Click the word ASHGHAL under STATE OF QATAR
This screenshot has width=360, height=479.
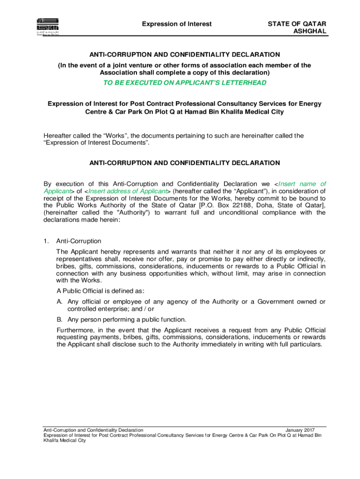point(310,31)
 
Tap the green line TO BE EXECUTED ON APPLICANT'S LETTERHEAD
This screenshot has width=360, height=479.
point(185,83)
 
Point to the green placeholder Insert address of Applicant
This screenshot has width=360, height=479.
point(127,191)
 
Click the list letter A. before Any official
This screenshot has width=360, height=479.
point(60,302)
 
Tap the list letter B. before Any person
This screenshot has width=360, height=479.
point(60,319)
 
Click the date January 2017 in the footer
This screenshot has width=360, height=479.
point(300,430)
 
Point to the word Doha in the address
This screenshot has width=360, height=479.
point(271,205)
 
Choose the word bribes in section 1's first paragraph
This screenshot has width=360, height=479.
point(66,266)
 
